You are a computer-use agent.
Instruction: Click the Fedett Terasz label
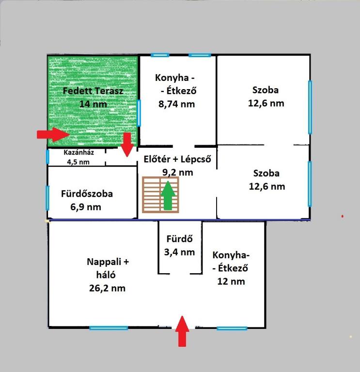[x=93, y=91]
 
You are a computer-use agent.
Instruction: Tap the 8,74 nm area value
[x=176, y=104]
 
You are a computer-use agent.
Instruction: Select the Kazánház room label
[x=78, y=152]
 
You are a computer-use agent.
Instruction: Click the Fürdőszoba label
[x=87, y=194]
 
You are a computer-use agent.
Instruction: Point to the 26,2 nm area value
[x=107, y=288]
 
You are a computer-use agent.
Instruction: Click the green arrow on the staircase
[x=168, y=195]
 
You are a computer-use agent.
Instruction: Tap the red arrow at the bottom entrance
[x=182, y=331]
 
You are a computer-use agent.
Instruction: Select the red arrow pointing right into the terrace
[x=53, y=135]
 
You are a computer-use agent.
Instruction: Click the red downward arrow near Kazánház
[x=127, y=145]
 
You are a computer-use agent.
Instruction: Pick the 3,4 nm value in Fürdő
[x=179, y=252]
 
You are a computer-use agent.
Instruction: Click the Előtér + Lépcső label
[x=177, y=159]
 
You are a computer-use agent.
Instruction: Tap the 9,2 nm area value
[x=177, y=172]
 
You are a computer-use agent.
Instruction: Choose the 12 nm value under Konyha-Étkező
[x=231, y=281]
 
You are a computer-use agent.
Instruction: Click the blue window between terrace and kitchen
[x=139, y=113]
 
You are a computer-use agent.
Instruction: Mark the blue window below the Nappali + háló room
[x=109, y=328]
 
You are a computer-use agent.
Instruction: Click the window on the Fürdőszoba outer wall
[x=47, y=198]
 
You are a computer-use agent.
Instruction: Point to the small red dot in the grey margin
[x=343, y=216]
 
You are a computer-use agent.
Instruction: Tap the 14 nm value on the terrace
[x=93, y=104]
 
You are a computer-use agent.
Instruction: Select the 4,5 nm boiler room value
[x=78, y=162]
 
